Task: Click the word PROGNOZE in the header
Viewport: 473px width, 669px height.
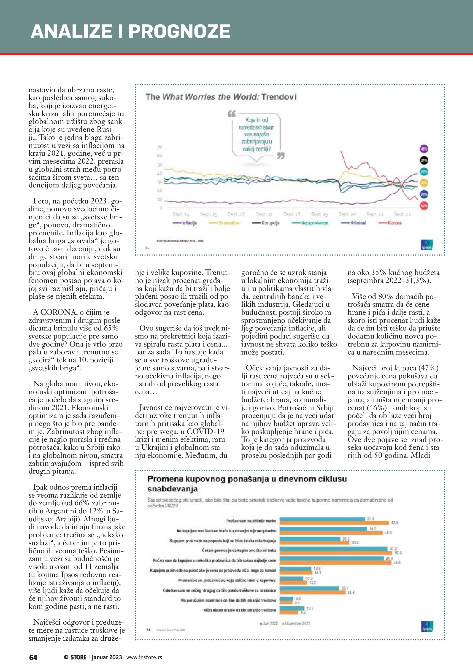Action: pos(179,31)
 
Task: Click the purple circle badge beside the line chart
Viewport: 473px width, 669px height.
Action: pos(424,149)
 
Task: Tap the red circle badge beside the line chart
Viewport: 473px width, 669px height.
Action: pos(424,206)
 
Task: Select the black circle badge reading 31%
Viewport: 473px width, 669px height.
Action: pos(424,160)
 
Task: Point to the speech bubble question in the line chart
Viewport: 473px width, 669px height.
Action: pos(256,134)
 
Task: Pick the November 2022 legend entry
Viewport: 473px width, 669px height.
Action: pos(296,623)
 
